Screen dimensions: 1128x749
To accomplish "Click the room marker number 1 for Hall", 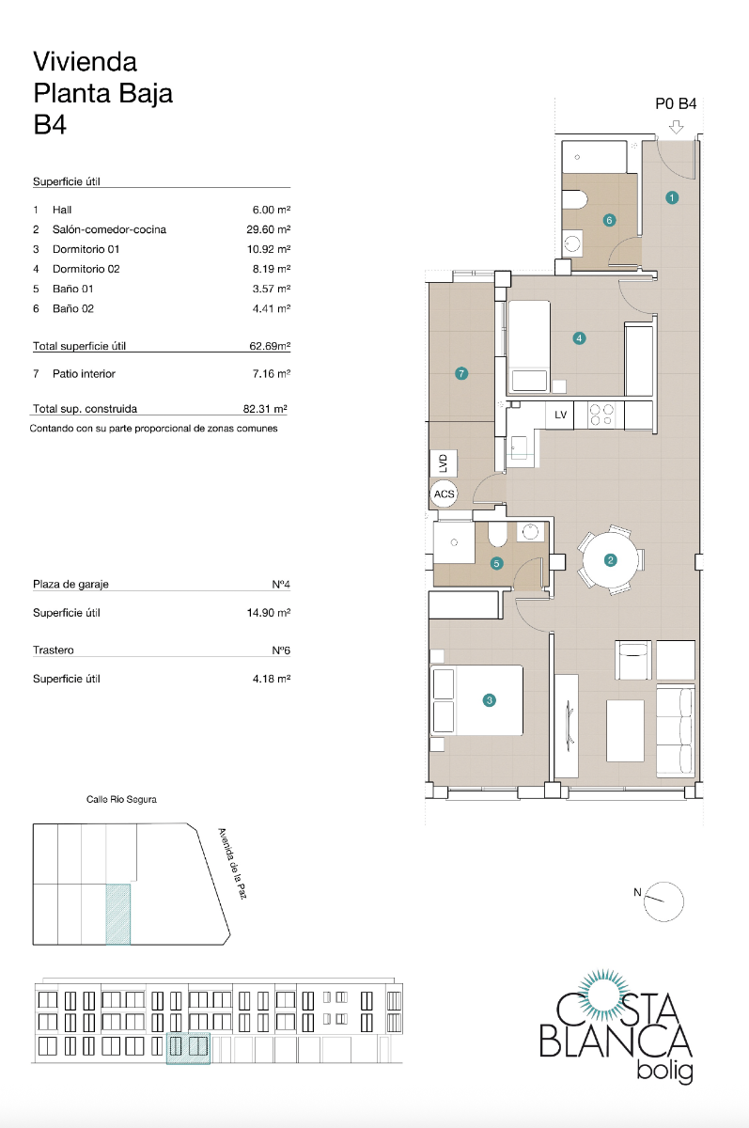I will [672, 197].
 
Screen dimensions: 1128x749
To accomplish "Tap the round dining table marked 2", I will [610, 561].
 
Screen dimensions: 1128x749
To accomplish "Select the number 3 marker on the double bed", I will [489, 699].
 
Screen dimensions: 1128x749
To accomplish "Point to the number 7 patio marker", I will [460, 373].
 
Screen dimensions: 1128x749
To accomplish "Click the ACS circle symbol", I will [444, 492].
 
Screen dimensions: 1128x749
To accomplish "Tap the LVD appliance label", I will [444, 463].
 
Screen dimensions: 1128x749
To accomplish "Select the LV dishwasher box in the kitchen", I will [560, 415].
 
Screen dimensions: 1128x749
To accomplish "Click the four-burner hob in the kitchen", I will [601, 414].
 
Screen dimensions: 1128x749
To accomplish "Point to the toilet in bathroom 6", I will [574, 198].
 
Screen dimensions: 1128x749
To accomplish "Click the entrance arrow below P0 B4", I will [676, 127].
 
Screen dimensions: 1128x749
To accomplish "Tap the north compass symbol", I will [664, 900].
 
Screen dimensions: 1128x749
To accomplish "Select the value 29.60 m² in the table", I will [267, 229].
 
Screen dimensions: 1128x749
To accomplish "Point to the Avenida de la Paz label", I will [231, 863].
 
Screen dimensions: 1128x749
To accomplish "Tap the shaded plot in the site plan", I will [117, 913].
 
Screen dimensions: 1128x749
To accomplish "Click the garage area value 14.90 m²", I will [267, 613].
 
